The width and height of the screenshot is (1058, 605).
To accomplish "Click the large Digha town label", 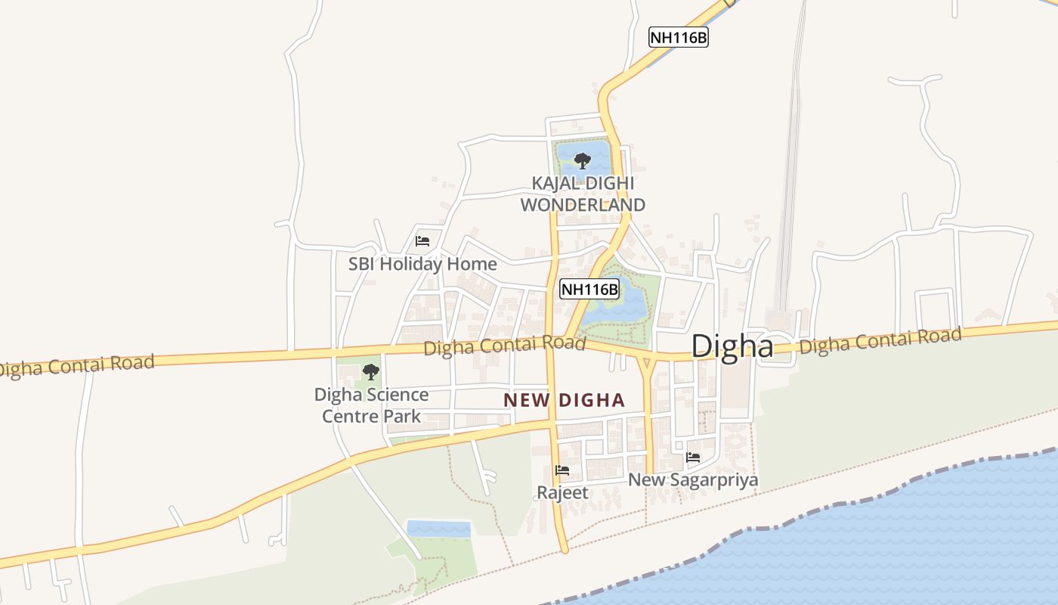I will click(732, 346).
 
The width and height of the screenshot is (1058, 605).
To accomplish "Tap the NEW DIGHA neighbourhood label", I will click(565, 400).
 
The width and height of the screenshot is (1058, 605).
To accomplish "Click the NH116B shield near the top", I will click(678, 37).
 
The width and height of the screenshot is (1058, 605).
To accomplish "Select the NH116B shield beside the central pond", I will click(589, 288).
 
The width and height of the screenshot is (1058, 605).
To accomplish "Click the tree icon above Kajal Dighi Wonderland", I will click(582, 160).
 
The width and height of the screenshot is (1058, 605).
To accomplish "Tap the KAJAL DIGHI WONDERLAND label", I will click(583, 194).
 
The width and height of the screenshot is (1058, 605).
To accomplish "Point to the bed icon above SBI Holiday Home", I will click(422, 241).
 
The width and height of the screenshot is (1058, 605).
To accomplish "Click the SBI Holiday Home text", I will click(422, 264).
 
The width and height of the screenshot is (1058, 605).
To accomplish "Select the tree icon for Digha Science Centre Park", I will click(370, 371).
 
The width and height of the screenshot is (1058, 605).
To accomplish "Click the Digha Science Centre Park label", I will click(371, 405).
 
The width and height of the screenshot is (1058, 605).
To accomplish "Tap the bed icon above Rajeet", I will click(562, 470).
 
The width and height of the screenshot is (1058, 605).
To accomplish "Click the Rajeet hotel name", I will click(562, 492).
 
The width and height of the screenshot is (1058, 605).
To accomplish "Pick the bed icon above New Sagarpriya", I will click(692, 457).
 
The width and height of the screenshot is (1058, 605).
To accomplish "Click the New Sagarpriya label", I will click(693, 479).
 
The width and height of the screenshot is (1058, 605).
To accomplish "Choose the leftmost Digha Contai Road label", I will click(76, 365).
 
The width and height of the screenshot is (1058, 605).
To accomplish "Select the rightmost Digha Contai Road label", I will click(880, 340).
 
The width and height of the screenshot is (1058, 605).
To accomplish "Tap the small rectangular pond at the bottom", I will click(438, 529).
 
